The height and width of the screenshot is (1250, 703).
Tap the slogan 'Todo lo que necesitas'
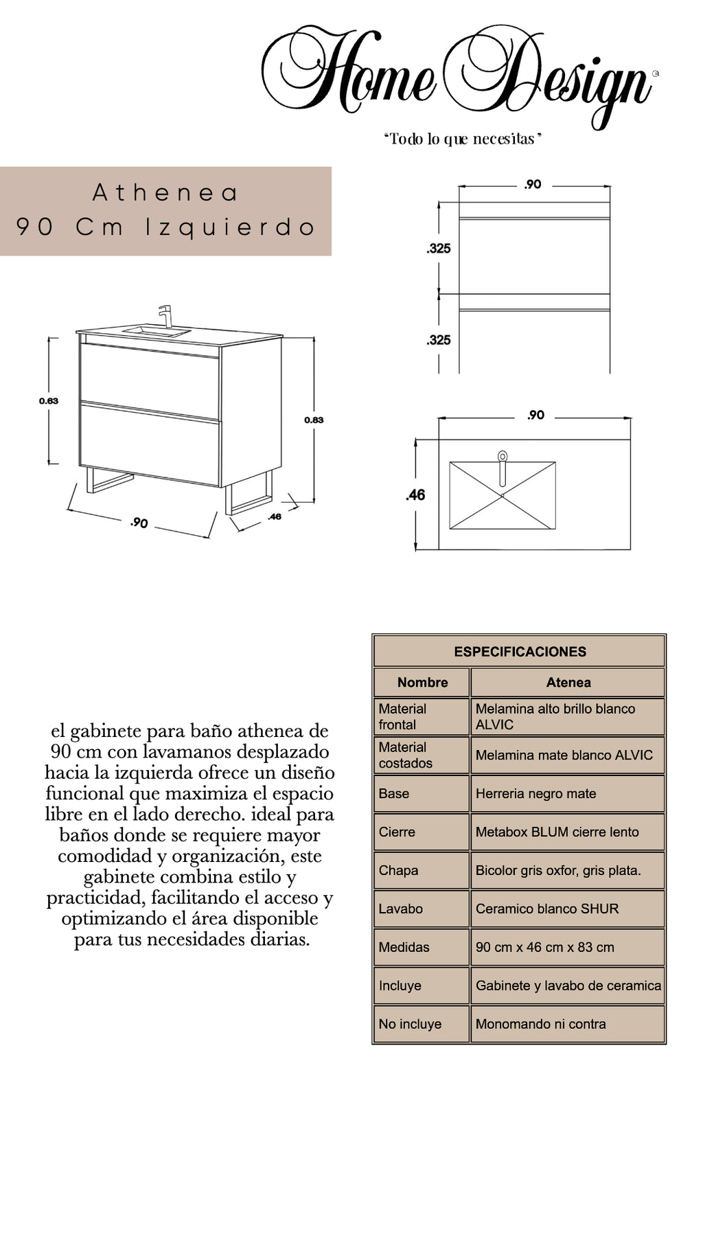click(x=463, y=139)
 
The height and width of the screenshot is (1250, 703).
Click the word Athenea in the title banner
click(x=165, y=193)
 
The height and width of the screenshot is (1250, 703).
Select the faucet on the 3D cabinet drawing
click(x=165, y=317)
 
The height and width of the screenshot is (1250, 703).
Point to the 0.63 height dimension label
click(x=49, y=401)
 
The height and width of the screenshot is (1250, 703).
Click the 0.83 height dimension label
click(x=314, y=420)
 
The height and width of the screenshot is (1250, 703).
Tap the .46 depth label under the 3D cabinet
click(x=275, y=516)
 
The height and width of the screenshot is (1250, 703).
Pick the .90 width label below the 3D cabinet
click(x=139, y=523)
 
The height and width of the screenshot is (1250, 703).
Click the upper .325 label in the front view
click(x=439, y=249)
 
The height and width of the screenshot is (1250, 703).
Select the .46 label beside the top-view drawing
click(x=415, y=495)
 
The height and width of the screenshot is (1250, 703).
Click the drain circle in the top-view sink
click(x=503, y=455)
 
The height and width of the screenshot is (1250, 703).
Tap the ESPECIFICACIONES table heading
click(x=520, y=652)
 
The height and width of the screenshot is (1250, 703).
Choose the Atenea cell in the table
click(x=568, y=682)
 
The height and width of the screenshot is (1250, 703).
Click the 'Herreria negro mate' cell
click(x=535, y=794)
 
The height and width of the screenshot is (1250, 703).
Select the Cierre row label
click(x=397, y=832)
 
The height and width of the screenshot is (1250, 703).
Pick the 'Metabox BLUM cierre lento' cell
click(x=557, y=832)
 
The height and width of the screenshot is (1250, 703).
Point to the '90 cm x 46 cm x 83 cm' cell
click(x=544, y=947)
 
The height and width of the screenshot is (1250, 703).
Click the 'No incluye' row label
click(x=410, y=1024)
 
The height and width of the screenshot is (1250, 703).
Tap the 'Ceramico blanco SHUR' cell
click(x=546, y=909)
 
